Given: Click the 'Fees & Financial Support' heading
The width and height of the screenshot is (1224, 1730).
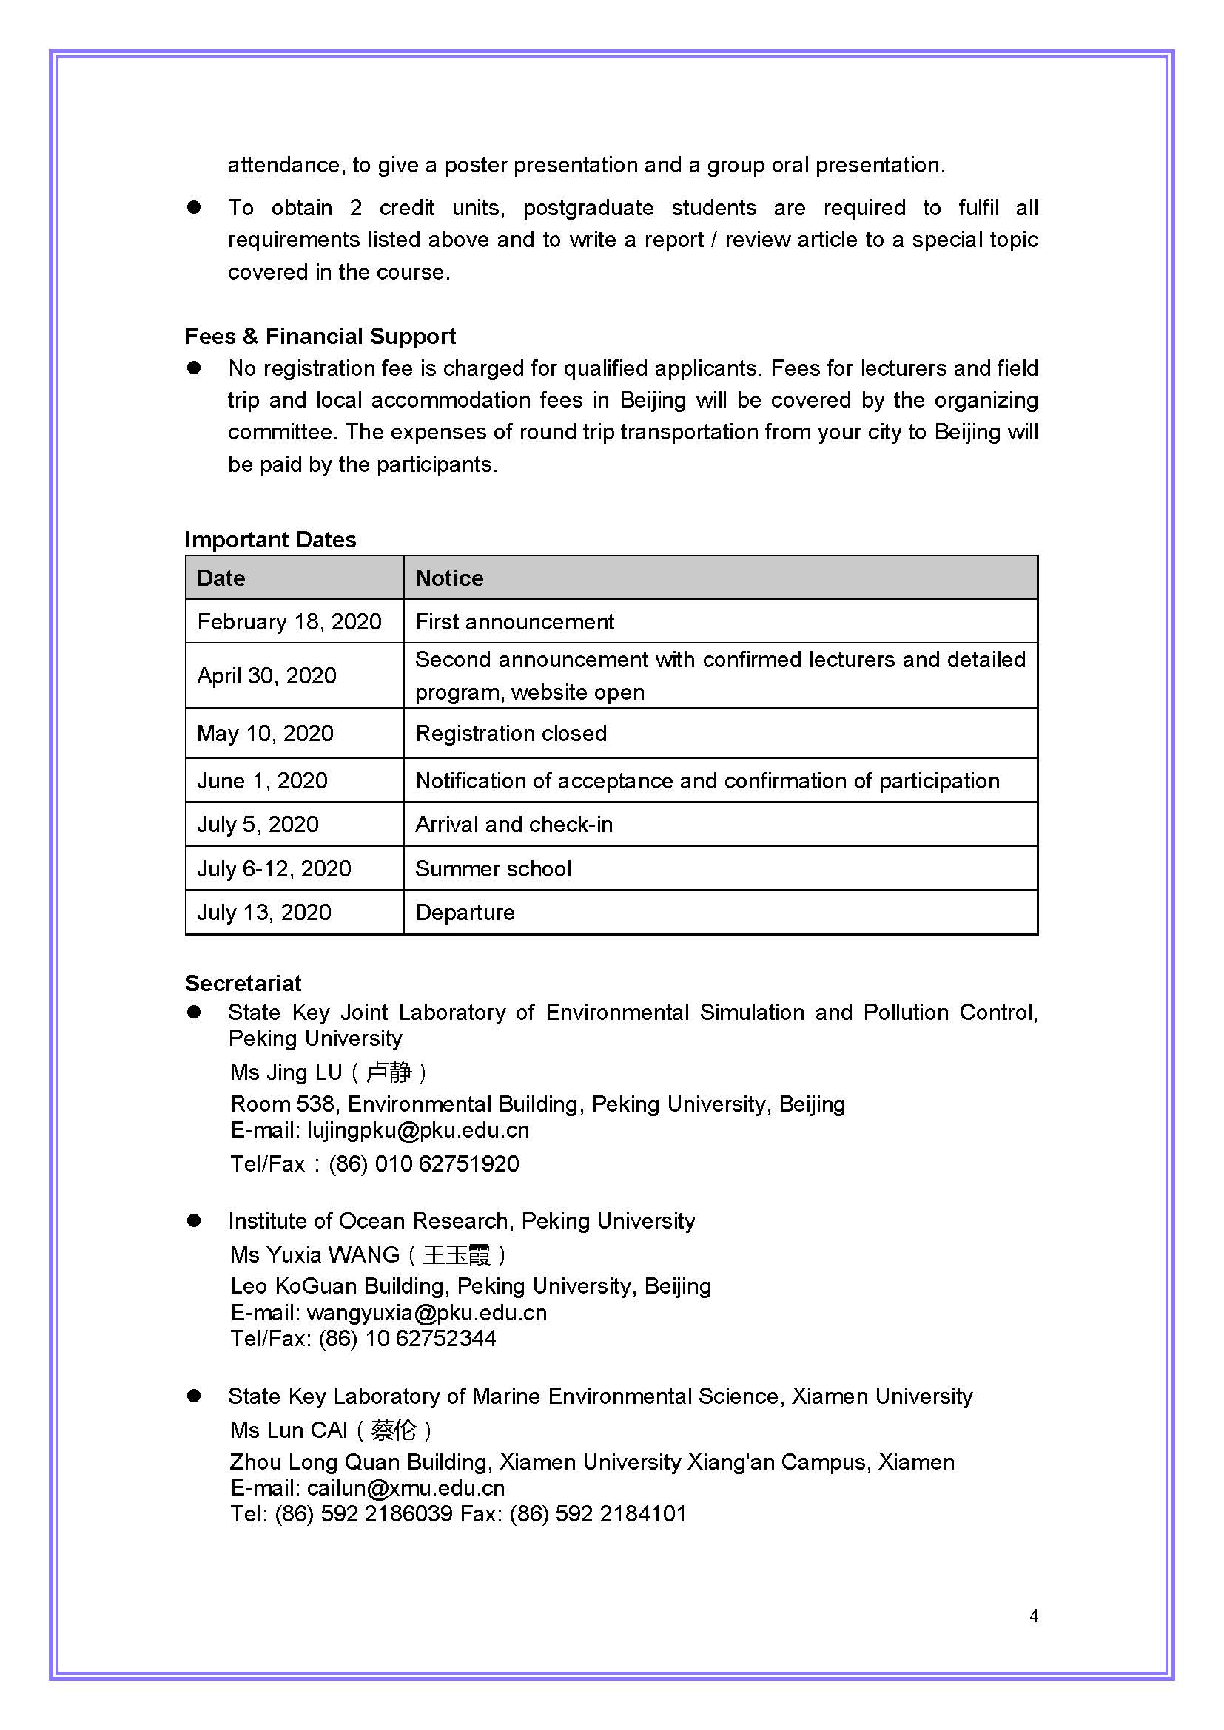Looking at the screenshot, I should pyautogui.click(x=320, y=336).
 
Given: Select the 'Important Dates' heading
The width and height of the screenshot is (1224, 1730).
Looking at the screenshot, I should pyautogui.click(x=271, y=539).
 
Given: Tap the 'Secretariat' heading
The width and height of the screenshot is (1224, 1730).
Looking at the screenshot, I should pyautogui.click(x=243, y=983).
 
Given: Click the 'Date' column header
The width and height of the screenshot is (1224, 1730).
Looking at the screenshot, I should pyautogui.click(x=221, y=578).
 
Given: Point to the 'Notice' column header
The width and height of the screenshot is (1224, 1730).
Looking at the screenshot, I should pyautogui.click(x=449, y=578).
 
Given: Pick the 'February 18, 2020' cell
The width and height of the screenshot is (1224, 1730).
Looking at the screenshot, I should pyautogui.click(x=289, y=621).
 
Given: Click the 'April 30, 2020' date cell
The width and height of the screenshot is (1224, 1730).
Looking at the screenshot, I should pyautogui.click(x=267, y=675).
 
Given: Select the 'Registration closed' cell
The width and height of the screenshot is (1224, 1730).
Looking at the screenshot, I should pyautogui.click(x=511, y=733).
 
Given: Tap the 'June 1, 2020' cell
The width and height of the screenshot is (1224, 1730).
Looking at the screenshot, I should pyautogui.click(x=262, y=780).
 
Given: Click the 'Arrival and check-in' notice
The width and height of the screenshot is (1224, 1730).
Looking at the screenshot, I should pyautogui.click(x=514, y=824).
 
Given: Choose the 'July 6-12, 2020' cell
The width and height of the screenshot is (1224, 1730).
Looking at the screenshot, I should pyautogui.click(x=275, y=869).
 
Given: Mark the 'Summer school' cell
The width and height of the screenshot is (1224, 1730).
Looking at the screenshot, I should pyautogui.click(x=494, y=869).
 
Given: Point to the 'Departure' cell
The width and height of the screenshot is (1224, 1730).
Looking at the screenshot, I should pyautogui.click(x=465, y=913).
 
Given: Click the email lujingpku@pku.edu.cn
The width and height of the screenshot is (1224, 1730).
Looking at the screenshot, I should pyautogui.click(x=418, y=1130).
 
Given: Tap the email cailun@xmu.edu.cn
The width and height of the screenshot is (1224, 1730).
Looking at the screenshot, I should pyautogui.click(x=406, y=1488).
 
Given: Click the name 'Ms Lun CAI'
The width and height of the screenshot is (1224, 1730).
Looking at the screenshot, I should pyautogui.click(x=289, y=1430).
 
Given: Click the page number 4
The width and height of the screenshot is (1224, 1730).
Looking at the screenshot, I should pyautogui.click(x=1034, y=1615).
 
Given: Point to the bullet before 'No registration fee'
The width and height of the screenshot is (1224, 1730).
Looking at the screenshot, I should pyautogui.click(x=195, y=368).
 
